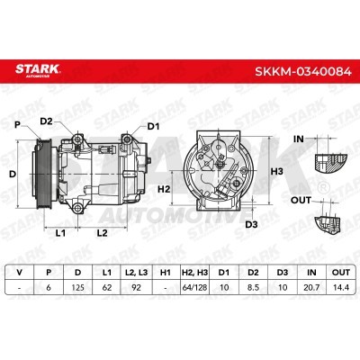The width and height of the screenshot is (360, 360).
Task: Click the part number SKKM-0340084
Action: pos(303,72)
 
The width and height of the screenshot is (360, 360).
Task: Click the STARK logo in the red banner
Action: pos(38,70)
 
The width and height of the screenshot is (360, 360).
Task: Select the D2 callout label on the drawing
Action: pos(46,121)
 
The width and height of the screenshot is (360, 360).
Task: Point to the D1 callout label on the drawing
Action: pos(153,127)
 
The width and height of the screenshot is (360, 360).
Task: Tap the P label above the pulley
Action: pos(17,125)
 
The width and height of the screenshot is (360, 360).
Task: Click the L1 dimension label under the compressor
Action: pos(60,233)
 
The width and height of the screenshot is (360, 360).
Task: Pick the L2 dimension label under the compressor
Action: pos(102,233)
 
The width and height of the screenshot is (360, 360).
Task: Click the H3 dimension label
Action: pos(277,172)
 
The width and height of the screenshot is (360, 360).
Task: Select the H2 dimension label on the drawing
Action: pos(164,189)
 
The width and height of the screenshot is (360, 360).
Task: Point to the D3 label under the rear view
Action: pos(251,224)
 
